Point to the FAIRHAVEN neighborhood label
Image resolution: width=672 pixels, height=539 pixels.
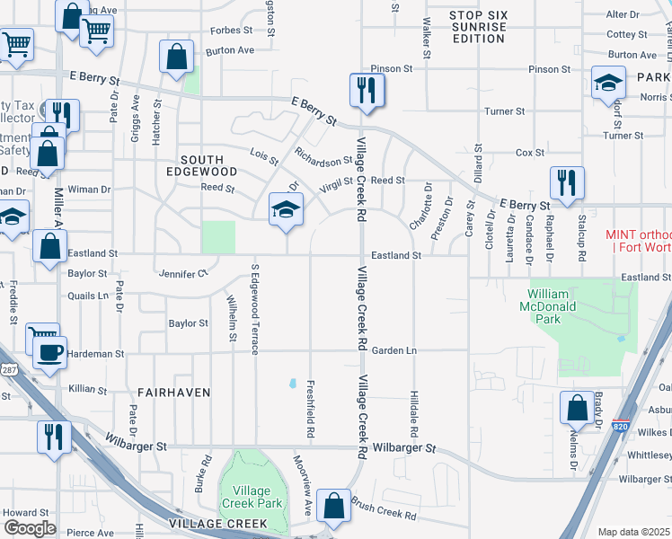pos(174,393)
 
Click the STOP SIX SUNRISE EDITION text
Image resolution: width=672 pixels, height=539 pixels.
pos(466,29)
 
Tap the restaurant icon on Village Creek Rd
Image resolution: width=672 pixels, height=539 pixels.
pos(367,91)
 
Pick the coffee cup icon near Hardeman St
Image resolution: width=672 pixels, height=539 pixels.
pos(49,353)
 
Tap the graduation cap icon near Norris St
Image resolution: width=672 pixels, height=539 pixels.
pos(608,84)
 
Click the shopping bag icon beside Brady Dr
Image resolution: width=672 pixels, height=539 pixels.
pos(576,408)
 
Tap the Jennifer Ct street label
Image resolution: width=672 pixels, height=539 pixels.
pos(182,273)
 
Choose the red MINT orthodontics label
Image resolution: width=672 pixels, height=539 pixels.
pos(638,241)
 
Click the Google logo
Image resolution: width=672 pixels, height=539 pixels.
pos(30,527)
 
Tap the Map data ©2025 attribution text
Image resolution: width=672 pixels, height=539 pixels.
pos(633,532)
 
